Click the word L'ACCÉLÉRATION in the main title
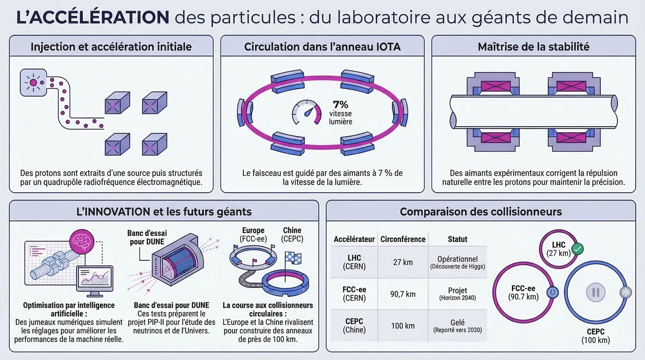[x=93, y=17]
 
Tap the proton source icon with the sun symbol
[x=33, y=82]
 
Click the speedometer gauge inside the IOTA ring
[x=307, y=112]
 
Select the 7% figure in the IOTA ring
[x=341, y=104]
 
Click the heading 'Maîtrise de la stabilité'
[x=533, y=47]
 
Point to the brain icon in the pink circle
[x=82, y=241]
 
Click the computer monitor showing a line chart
[x=95, y=281]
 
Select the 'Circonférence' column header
[x=403, y=239]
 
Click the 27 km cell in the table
[x=403, y=262]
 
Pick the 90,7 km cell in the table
[x=403, y=294]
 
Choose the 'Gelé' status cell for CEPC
[x=457, y=326]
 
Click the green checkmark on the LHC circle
[x=577, y=249]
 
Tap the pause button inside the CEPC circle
[x=596, y=292]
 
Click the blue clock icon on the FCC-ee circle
[x=552, y=292]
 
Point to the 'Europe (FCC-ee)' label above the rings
[x=254, y=234]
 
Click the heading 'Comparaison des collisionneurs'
[x=480, y=212]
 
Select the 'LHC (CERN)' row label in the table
[x=354, y=262]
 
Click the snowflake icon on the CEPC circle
[x=626, y=292]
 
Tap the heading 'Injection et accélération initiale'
[x=111, y=47]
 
